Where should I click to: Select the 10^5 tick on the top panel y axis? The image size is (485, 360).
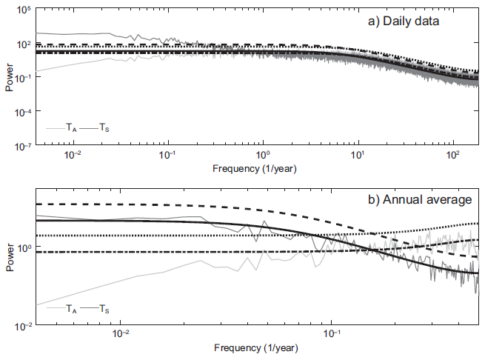[21, 10]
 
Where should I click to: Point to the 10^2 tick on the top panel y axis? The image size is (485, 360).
[21, 44]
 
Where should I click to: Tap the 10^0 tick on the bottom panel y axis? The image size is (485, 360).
[21, 247]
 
